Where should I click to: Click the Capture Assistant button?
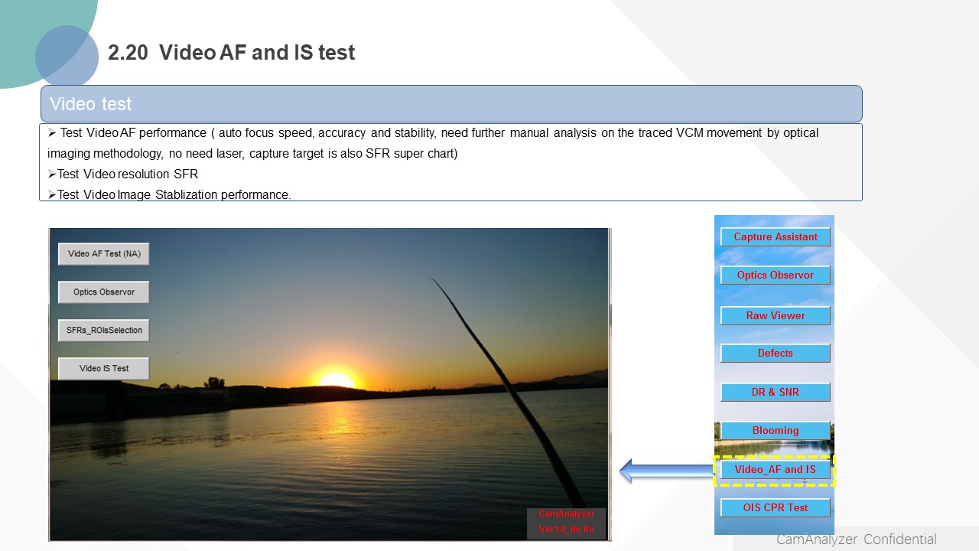click(776, 236)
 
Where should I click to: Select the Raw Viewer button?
click(776, 316)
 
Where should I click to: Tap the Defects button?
click(776, 353)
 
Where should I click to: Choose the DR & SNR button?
click(776, 392)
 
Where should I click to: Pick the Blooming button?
click(776, 430)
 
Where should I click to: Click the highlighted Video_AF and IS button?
click(776, 470)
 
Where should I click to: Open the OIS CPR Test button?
click(776, 507)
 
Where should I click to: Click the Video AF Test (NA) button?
click(103, 254)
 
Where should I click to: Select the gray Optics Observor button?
click(103, 292)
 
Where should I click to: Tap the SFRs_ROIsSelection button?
click(103, 330)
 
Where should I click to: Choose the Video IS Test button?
click(103, 369)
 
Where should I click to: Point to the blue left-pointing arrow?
click(666, 471)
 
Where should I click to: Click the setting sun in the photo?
click(336, 380)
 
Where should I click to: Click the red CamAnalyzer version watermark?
click(567, 521)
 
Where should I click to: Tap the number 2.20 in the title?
click(128, 53)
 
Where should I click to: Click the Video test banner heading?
click(90, 104)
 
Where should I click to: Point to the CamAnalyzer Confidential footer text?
click(856, 540)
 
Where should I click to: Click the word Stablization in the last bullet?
click(186, 194)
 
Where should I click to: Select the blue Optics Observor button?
click(776, 275)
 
